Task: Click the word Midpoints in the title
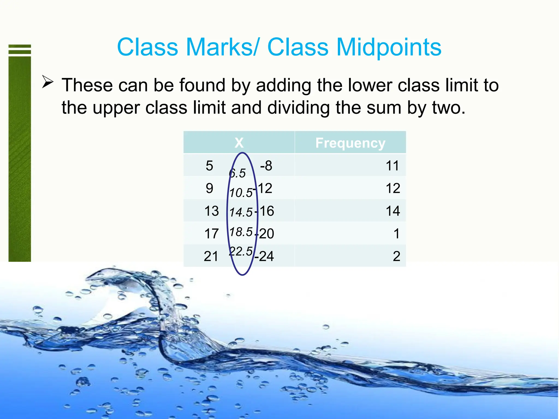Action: coord(389,47)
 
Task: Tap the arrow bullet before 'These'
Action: coord(47,82)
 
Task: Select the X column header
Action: coord(239,143)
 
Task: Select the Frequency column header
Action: coord(350,143)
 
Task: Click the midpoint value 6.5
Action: coord(237,173)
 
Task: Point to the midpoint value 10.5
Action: coord(241,193)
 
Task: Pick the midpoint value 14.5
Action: coord(241,212)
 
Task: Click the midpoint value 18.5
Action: coord(241,232)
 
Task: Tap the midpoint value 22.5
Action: coord(241,251)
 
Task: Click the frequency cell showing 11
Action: coord(392,166)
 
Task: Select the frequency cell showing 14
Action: coord(393,211)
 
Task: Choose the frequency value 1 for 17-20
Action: coord(397,234)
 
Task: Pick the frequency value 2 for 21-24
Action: coord(396,256)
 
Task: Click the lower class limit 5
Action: coord(209,166)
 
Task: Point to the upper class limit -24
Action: coord(264,256)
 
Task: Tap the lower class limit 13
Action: coord(211,211)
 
